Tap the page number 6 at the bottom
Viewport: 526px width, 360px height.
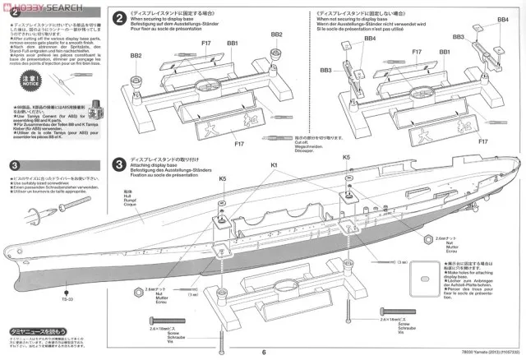click(265, 353)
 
